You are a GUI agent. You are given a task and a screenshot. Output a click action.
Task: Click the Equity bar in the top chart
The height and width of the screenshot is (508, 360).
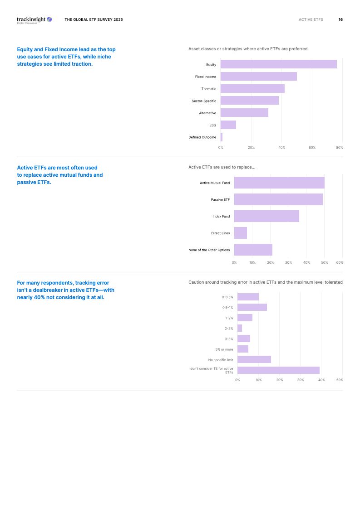tap(278, 64)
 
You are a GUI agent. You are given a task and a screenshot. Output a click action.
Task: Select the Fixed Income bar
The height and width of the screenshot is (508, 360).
tap(258, 77)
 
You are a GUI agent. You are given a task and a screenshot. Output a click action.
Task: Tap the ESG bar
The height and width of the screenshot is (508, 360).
tap(228, 125)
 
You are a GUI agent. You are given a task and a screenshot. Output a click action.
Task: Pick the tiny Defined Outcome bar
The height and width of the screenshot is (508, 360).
tap(222, 137)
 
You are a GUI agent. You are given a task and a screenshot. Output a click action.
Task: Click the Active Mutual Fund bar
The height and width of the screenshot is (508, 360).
tap(279, 183)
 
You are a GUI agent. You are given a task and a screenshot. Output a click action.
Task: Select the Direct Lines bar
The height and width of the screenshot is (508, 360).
tap(240, 233)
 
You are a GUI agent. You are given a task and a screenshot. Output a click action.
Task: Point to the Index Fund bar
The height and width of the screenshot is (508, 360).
tap(266, 216)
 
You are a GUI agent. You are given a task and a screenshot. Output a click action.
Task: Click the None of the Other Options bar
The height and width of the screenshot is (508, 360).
tap(253, 250)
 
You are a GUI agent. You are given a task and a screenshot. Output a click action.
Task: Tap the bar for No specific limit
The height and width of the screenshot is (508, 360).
tap(254, 359)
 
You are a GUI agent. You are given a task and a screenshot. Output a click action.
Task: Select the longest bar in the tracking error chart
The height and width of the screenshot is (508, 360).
tap(278, 370)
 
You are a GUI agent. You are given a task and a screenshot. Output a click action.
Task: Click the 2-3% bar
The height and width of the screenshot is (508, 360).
tap(239, 328)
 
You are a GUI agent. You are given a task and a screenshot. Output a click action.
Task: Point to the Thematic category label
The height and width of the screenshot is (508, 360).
tap(209, 89)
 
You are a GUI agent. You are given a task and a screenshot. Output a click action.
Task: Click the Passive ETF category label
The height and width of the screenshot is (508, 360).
tap(220, 199)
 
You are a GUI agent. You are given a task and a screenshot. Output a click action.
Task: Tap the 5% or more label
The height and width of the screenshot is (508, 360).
tap(224, 349)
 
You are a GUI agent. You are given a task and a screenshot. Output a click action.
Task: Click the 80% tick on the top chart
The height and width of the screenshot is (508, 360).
tap(339, 148)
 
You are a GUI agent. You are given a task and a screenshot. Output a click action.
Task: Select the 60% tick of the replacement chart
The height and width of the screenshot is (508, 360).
tap(339, 262)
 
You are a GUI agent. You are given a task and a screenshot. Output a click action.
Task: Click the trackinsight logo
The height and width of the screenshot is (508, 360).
tap(34, 20)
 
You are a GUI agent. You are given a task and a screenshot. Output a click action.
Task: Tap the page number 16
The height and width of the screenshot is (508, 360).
tap(340, 20)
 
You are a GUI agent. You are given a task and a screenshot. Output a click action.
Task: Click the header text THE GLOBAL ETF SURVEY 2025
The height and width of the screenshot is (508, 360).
tap(94, 20)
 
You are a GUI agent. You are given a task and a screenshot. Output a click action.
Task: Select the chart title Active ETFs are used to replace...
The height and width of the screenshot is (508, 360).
tap(222, 167)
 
